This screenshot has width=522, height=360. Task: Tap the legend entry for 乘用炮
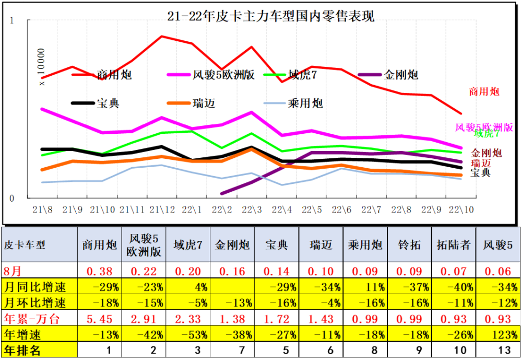click(x=305, y=103)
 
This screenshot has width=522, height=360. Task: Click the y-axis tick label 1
click(x=13, y=21)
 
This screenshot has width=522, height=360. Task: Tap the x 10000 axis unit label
click(x=42, y=66)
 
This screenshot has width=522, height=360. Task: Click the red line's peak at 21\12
click(x=162, y=36)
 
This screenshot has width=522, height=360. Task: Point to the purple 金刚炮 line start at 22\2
click(x=222, y=193)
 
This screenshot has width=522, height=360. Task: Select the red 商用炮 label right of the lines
click(x=484, y=92)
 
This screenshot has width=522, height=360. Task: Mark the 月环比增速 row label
click(x=35, y=303)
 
